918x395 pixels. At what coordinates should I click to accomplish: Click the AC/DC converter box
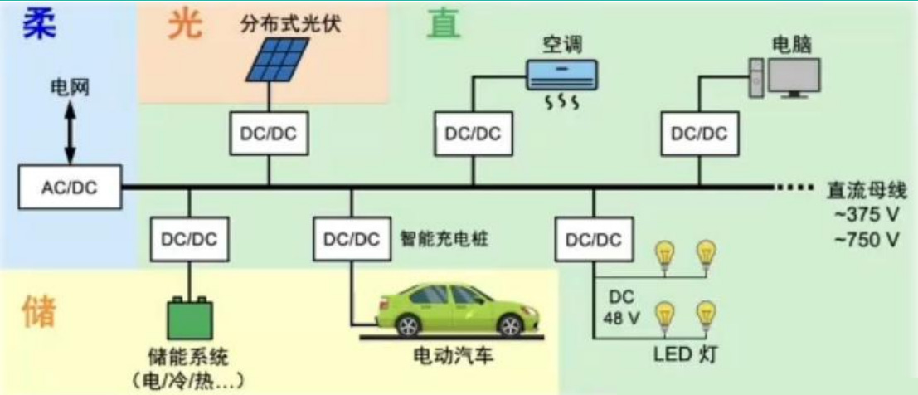point(70,188)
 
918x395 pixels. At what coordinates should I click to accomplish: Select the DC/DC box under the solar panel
point(269,133)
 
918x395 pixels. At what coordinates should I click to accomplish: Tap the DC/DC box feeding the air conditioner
point(473,133)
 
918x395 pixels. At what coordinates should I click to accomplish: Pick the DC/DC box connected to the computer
point(698,133)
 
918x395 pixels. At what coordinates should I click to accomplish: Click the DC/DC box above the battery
point(189,239)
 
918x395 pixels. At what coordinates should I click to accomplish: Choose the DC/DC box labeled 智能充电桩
point(352,239)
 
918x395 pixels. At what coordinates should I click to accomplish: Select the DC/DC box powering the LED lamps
point(593,239)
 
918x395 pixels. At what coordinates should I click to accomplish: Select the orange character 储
point(38,311)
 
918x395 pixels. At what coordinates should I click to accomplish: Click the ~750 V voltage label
point(866,241)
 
